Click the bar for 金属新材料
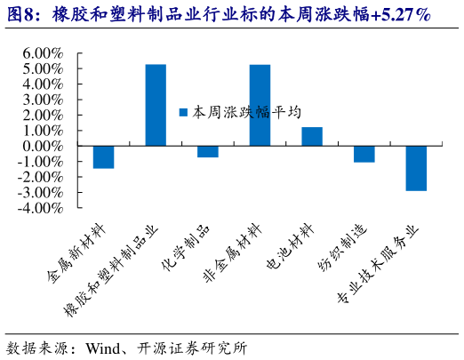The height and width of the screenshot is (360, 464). click(103, 156)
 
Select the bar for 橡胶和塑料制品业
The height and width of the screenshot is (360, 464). click(156, 105)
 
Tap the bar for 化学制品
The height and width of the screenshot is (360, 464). click(208, 151)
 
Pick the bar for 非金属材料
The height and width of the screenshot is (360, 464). click(260, 105)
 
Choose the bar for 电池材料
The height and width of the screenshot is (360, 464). click(312, 136)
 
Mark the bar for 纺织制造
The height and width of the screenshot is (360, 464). click(364, 154)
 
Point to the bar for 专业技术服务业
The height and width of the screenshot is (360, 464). click(416, 168)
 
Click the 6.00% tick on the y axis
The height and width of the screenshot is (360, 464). click(38, 53)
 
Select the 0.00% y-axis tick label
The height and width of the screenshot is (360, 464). click(38, 146)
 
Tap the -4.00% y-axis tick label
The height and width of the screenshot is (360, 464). click(36, 208)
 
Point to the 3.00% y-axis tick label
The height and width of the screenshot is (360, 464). click(38, 100)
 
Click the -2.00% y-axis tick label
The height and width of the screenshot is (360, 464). click(36, 177)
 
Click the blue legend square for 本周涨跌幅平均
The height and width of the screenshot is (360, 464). click(184, 113)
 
